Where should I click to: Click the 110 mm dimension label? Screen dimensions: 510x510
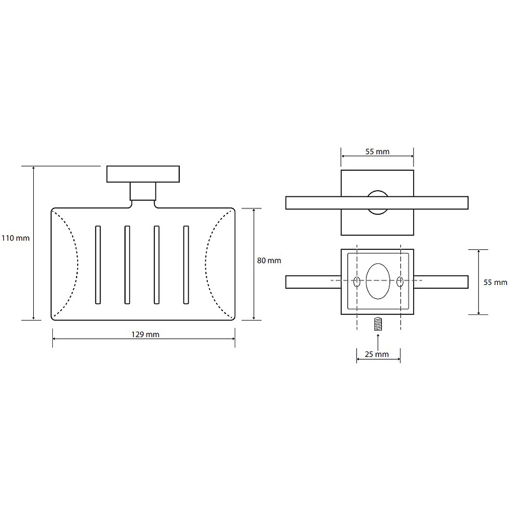15,238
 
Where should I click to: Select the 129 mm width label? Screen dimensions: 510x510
145,334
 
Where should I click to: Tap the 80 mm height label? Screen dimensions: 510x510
269,261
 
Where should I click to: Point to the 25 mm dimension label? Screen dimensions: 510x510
377,354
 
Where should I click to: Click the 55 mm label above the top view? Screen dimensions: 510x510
377,152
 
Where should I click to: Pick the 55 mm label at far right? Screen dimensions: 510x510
495,282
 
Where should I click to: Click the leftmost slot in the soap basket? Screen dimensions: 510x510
98,265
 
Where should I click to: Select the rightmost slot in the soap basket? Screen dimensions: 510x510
186,265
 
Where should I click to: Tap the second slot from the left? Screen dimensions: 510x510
127,265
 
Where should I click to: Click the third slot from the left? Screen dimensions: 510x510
157,265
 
